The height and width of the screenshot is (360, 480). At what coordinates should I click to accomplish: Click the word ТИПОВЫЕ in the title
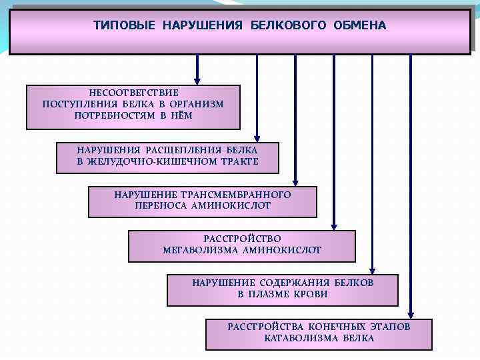[x=124, y=25]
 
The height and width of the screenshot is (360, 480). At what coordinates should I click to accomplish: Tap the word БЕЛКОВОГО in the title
[x=289, y=25]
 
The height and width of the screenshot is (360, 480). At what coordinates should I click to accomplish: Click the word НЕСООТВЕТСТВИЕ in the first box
[x=134, y=93]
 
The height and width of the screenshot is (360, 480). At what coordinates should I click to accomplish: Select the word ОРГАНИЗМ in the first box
[x=197, y=104]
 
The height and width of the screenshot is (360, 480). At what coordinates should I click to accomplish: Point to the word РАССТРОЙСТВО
[x=243, y=239]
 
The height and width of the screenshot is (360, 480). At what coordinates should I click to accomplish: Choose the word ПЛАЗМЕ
[x=273, y=294]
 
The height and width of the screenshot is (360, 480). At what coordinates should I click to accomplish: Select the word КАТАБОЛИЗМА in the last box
[x=303, y=338]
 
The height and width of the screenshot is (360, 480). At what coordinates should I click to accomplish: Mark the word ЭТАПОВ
[x=389, y=327]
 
